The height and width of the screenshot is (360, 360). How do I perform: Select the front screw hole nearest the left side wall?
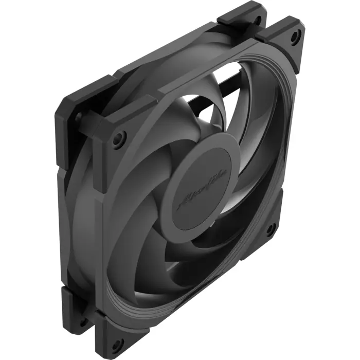119,138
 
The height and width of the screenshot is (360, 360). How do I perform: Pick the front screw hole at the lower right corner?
271,228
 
